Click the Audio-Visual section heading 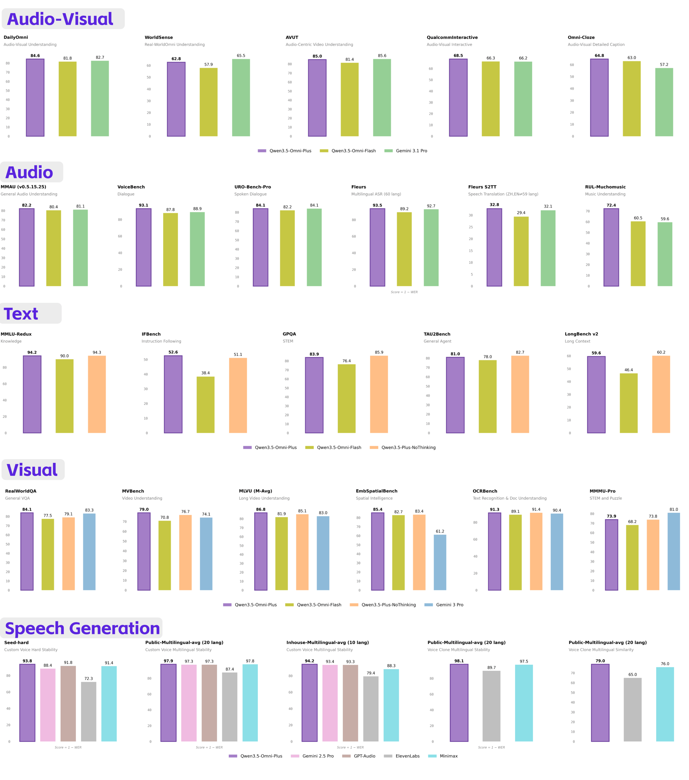(x=60, y=19)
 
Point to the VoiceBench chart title (x=131, y=187)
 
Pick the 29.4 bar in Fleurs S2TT (x=521, y=251)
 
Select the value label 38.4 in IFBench (x=206, y=373)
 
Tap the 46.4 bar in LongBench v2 (x=629, y=403)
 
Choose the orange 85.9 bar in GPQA (x=379, y=395)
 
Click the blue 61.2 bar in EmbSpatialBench (x=440, y=562)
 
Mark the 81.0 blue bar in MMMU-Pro (x=674, y=552)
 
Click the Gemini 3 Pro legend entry (x=444, y=605)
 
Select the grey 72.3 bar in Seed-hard (x=89, y=712)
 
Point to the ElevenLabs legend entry (x=402, y=756)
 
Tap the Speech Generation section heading (x=82, y=628)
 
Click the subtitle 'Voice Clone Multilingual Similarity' (x=601, y=650)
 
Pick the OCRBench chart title (x=485, y=491)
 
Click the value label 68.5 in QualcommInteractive (x=458, y=56)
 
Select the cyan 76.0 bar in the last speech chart (x=665, y=705)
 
